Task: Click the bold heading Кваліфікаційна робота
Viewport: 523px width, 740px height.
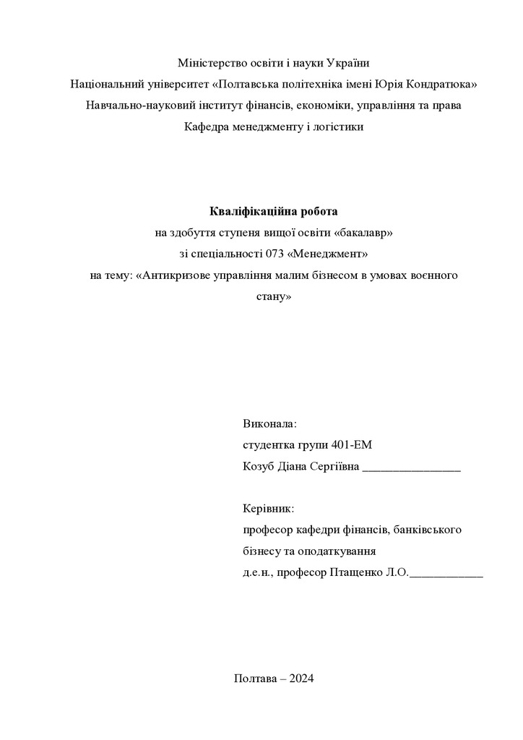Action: [273, 212]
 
